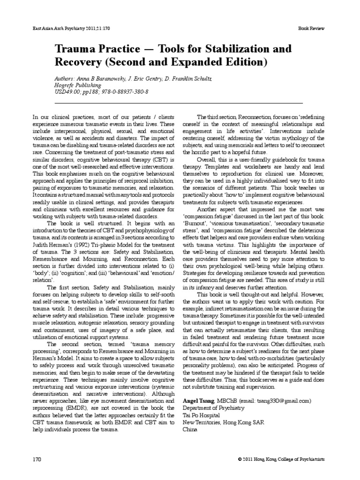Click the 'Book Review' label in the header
[311, 29]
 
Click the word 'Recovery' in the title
[78, 62]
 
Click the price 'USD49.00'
[67, 92]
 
